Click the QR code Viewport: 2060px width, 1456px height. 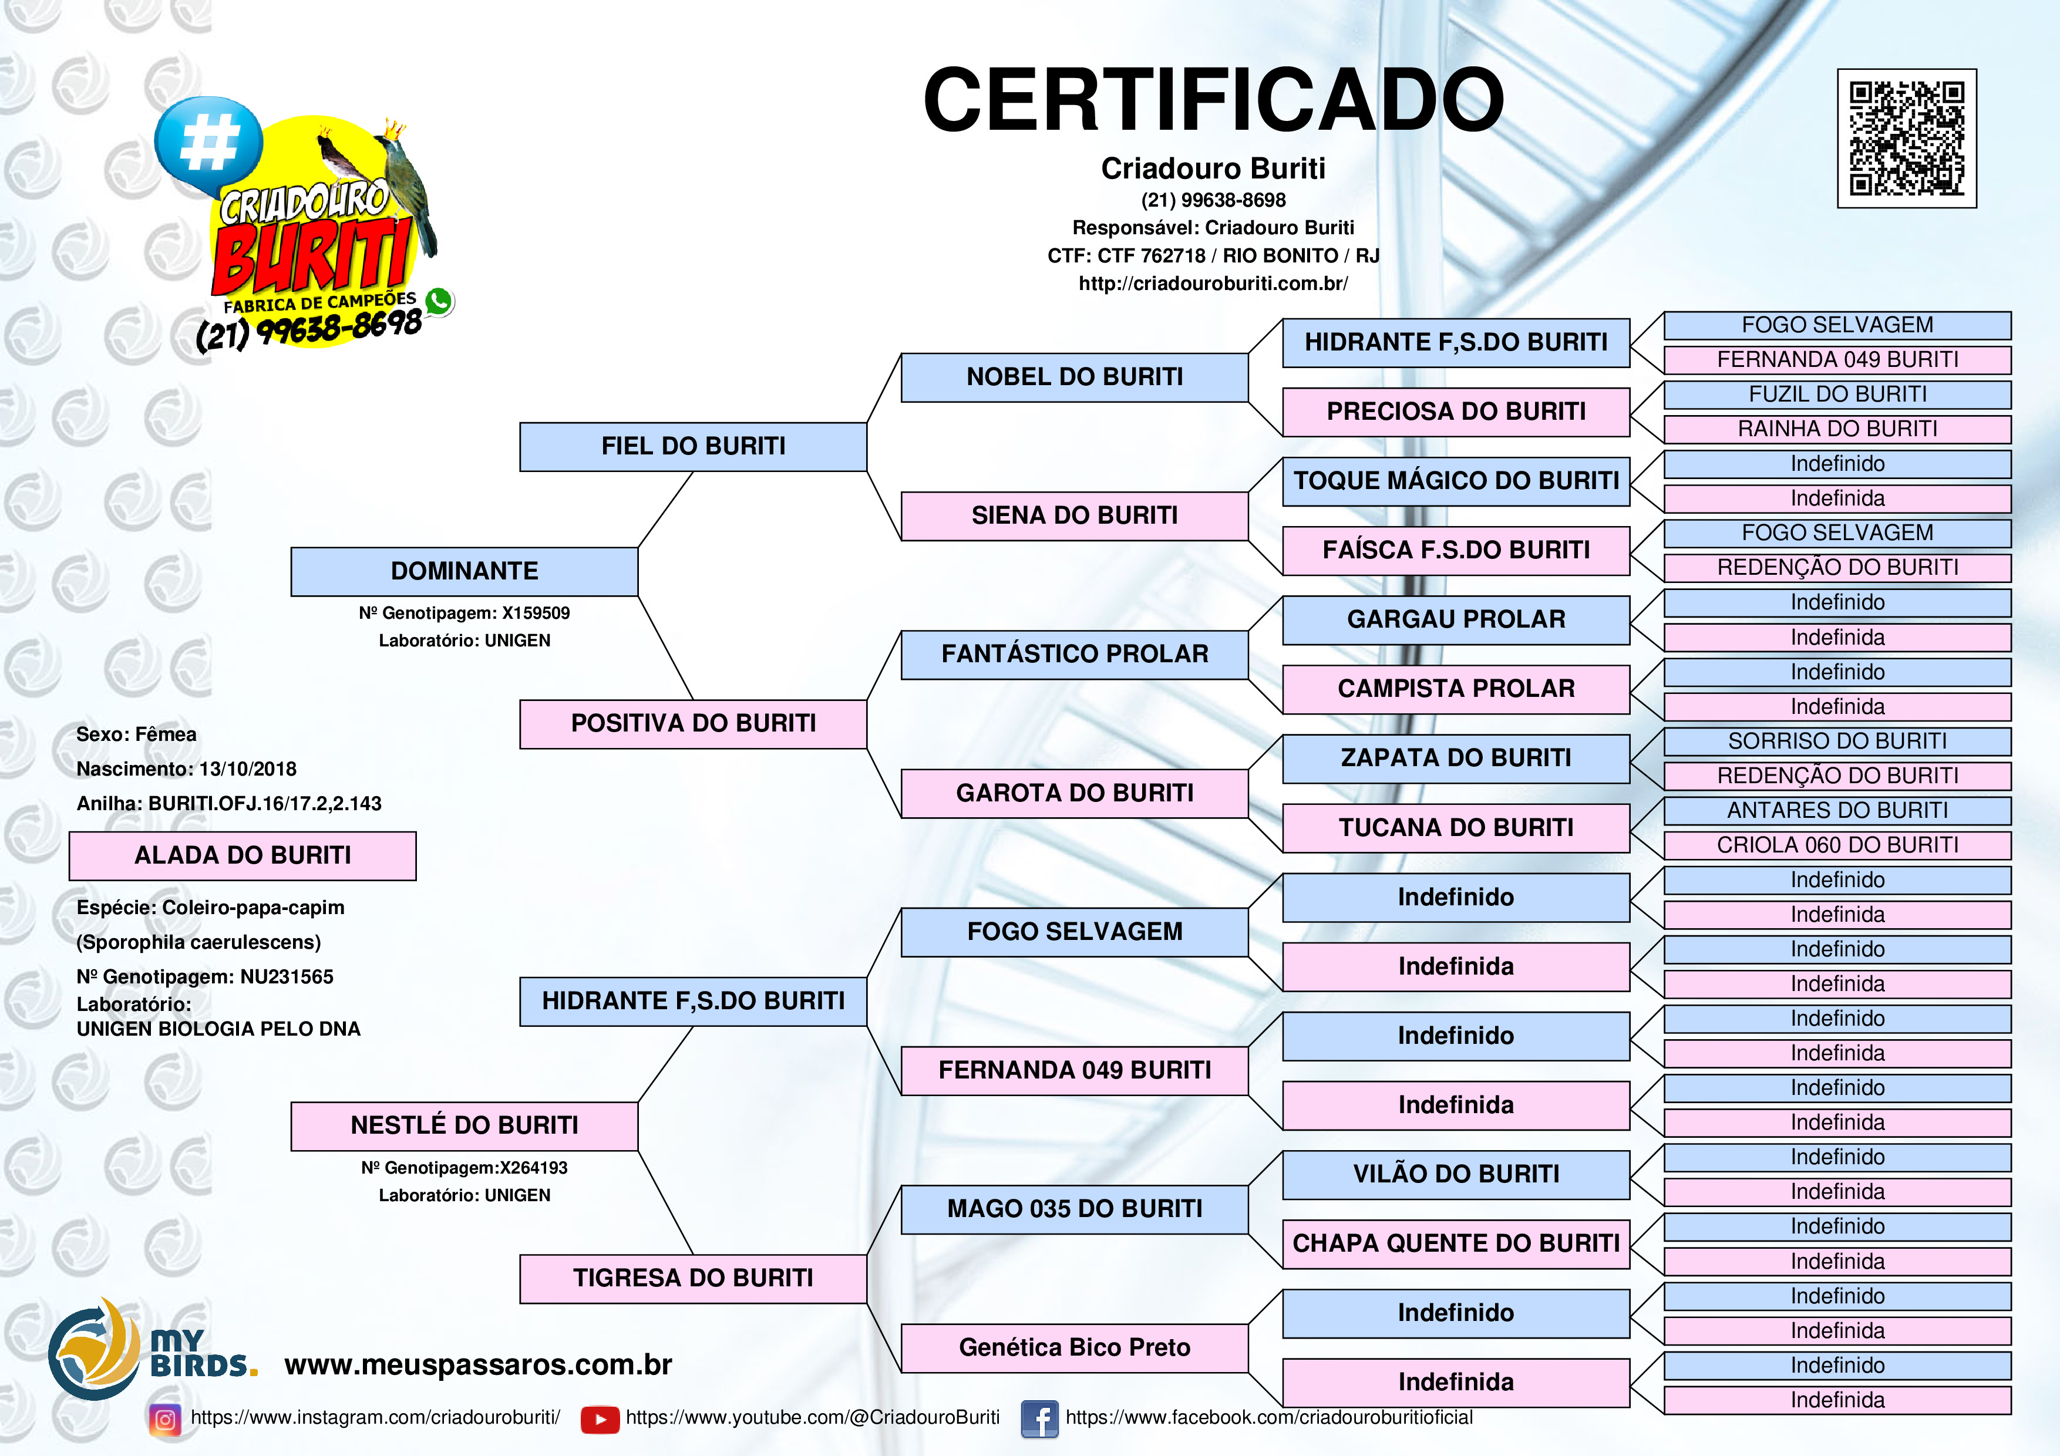click(x=1907, y=138)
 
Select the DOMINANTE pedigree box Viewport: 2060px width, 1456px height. click(x=464, y=571)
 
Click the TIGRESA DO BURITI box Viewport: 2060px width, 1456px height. click(x=694, y=1278)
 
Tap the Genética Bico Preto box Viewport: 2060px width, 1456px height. click(x=1075, y=1347)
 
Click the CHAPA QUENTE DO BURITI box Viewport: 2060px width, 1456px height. click(x=1456, y=1243)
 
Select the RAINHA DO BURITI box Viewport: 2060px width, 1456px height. click(x=1837, y=429)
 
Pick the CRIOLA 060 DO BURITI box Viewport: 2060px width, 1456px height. click(x=1837, y=845)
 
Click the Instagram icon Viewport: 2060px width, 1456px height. click(x=165, y=1419)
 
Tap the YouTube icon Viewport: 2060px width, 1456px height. click(x=600, y=1419)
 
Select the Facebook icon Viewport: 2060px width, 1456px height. click(x=1040, y=1419)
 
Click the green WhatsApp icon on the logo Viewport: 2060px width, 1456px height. click(x=439, y=301)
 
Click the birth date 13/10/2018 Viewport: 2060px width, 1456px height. click(x=248, y=769)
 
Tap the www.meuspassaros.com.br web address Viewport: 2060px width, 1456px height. click(x=478, y=1364)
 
